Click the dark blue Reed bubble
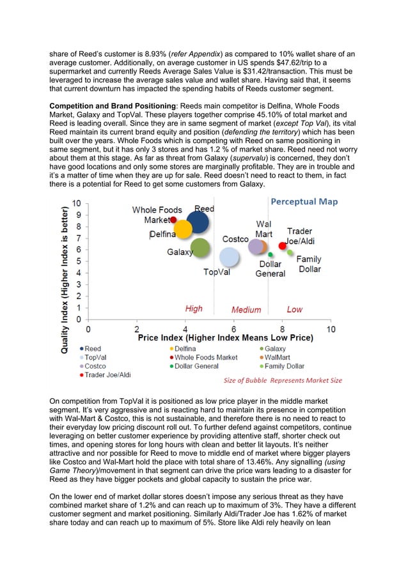tap(199, 222)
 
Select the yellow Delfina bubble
tap(184, 229)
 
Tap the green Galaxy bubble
tap(201, 248)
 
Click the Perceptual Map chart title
tap(304, 202)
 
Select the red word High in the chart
tap(194, 309)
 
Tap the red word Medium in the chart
tap(246, 310)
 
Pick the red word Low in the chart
tap(295, 309)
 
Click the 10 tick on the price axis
tap(331, 328)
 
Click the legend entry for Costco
tap(93, 366)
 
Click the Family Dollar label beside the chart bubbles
tap(310, 265)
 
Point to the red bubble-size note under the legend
tap(282, 380)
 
